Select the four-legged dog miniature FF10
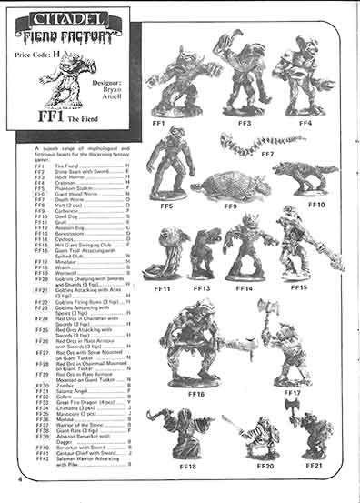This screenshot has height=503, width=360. pos(305,174)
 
